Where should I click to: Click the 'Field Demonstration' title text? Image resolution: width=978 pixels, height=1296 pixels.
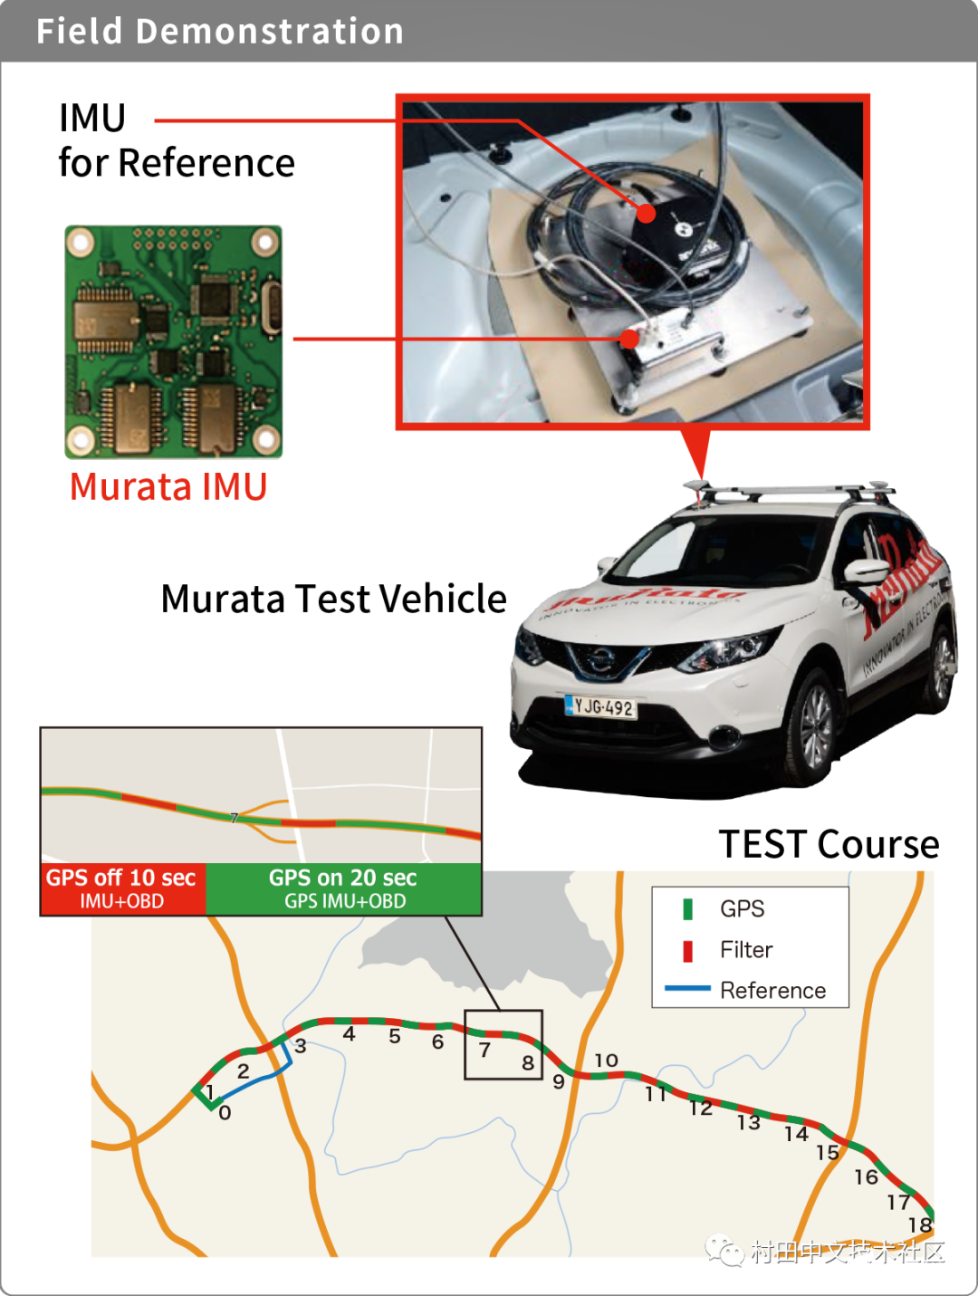point(219,32)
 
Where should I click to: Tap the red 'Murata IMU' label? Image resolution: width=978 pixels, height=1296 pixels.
point(168,487)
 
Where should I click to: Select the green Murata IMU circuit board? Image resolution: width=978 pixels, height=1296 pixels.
point(173,341)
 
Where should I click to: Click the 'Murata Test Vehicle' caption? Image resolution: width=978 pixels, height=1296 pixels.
point(333,600)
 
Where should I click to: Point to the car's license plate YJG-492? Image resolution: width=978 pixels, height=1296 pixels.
point(600,706)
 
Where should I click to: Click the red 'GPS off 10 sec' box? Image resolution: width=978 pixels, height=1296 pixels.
point(122,888)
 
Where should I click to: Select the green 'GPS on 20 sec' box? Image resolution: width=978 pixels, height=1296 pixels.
point(343,888)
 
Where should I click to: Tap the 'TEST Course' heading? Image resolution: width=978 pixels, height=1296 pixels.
point(829,844)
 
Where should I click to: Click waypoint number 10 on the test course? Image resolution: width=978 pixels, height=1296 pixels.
point(606,1061)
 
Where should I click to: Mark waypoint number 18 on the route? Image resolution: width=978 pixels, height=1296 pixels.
point(920,1225)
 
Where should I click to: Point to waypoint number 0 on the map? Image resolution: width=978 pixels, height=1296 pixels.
point(225,1113)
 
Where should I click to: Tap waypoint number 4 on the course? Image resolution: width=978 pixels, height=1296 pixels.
point(349,1034)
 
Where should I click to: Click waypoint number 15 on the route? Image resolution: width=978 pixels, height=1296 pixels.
point(828,1153)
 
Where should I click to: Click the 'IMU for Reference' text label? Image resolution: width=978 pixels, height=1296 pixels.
point(176,140)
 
